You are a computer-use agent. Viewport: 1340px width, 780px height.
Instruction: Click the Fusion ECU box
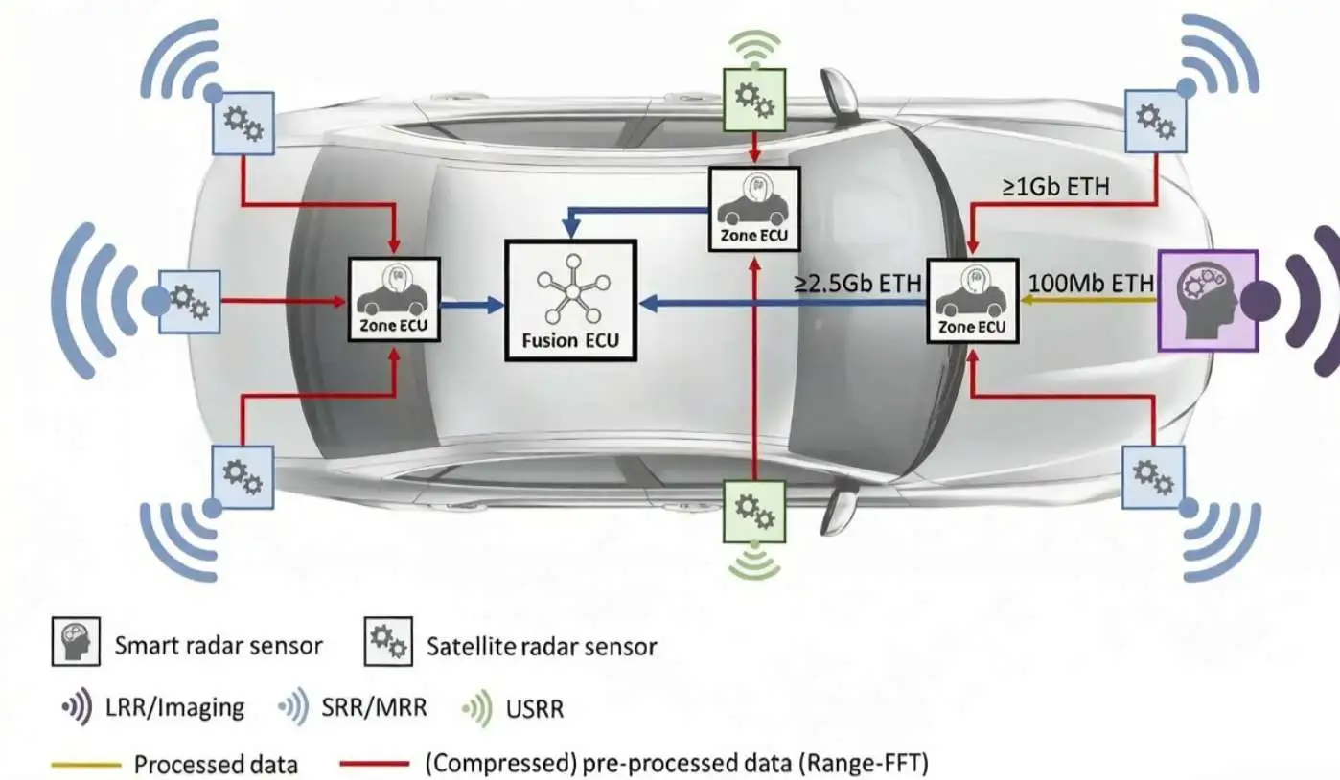point(570,301)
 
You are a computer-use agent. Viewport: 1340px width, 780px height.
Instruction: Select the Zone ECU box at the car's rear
point(394,300)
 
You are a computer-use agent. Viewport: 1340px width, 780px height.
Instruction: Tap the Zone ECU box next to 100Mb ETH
point(973,301)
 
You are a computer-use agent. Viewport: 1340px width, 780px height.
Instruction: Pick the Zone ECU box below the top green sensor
point(754,209)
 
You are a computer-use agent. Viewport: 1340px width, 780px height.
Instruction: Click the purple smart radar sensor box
point(1209,301)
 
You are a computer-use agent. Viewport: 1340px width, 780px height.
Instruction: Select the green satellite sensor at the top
point(754,100)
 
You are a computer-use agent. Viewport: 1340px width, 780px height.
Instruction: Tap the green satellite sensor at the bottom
point(754,512)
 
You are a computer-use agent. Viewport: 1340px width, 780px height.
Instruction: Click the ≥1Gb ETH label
point(1056,187)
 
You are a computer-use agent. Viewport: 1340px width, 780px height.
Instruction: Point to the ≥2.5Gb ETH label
point(857,284)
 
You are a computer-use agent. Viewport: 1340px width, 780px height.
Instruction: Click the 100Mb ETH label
point(1091,283)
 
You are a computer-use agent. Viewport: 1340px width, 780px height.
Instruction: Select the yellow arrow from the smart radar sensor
point(1089,300)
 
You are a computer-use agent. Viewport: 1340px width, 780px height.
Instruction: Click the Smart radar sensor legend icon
point(76,642)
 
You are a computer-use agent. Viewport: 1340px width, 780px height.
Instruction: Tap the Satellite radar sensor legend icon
point(389,642)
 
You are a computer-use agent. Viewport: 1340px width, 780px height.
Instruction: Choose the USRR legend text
point(535,709)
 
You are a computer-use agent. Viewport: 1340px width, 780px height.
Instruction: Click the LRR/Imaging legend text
point(174,707)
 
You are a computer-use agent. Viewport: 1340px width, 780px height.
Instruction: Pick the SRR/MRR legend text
point(375,707)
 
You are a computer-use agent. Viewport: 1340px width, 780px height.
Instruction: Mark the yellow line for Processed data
point(86,765)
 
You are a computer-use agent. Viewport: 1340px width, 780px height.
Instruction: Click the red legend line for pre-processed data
point(375,764)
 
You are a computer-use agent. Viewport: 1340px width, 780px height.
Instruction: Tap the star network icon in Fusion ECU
point(573,292)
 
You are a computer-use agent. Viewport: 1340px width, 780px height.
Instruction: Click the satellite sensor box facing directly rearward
point(190,302)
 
